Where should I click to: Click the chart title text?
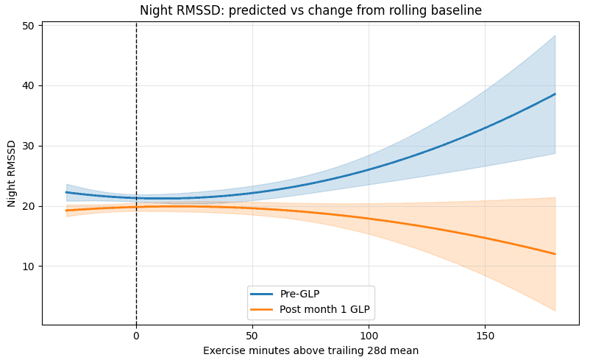click(310, 10)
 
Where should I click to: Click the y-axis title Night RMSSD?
click(12, 173)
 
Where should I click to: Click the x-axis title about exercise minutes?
click(310, 350)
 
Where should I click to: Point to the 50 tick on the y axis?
click(29, 26)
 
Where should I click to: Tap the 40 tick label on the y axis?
click(29, 86)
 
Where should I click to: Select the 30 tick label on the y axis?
click(29, 146)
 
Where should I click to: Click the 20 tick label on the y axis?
click(29, 206)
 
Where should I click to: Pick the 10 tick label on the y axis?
click(29, 267)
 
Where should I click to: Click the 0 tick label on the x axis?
click(136, 336)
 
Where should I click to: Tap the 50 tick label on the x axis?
click(252, 336)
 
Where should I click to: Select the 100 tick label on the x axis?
click(369, 336)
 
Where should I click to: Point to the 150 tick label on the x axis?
click(485, 336)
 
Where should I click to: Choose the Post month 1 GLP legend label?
click(324, 309)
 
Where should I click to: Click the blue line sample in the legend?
click(262, 294)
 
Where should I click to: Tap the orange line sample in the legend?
click(262, 309)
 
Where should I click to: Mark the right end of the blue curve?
click(555, 94)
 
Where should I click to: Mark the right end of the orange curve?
click(555, 254)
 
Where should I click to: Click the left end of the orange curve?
click(66, 211)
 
